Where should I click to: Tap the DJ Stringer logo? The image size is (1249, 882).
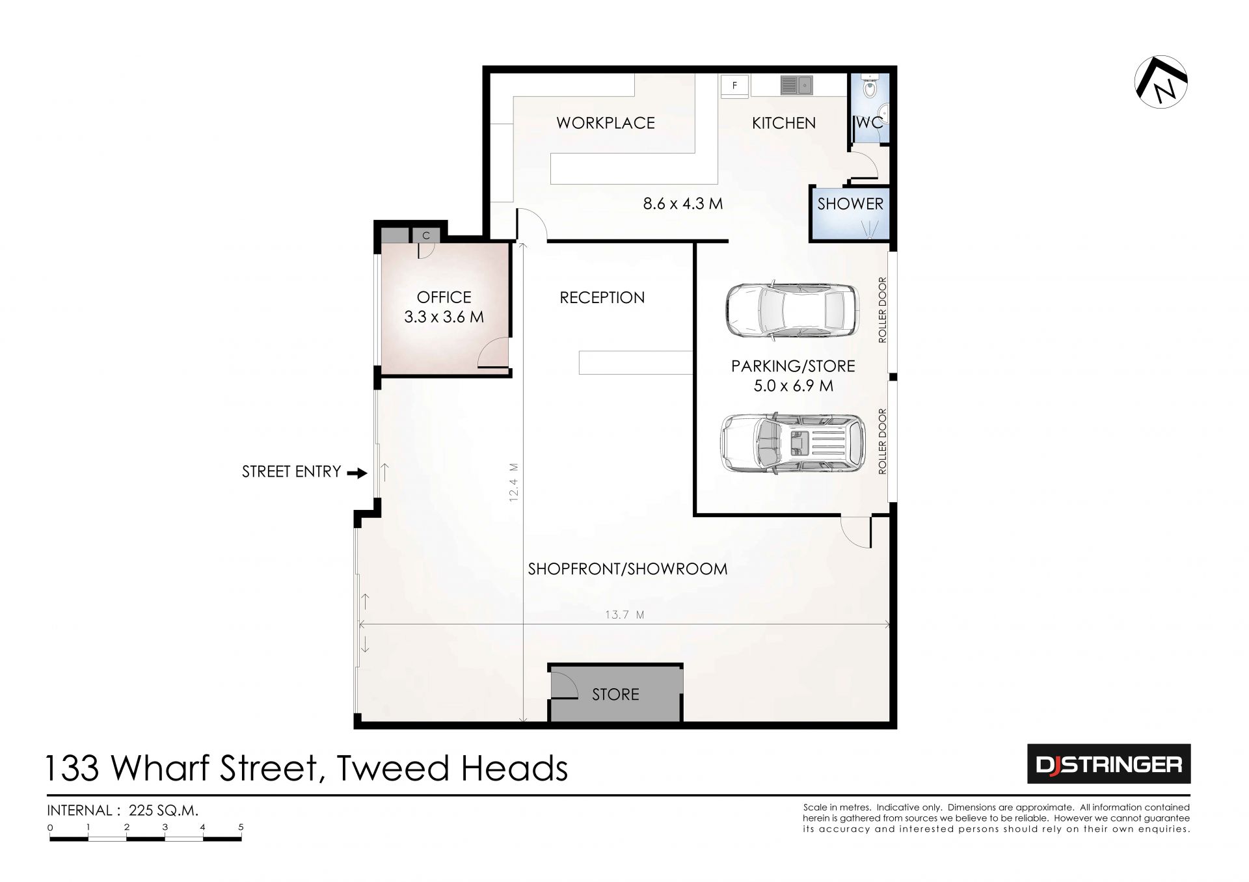[1108, 764]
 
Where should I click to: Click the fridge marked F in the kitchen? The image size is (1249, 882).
[734, 85]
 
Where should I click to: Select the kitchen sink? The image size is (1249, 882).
[796, 85]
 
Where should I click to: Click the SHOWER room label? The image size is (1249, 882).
[850, 204]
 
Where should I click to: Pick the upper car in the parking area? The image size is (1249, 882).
[790, 310]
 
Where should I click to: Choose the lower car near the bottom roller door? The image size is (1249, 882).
[793, 442]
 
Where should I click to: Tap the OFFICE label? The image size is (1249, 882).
[444, 297]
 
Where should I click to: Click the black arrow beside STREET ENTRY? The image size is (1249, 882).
[357, 473]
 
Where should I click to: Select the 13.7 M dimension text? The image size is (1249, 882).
[624, 614]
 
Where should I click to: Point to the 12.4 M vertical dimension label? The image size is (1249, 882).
[513, 482]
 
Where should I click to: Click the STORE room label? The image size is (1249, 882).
[615, 694]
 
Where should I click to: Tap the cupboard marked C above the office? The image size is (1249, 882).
[426, 235]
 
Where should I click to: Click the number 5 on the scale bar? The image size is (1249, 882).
[241, 827]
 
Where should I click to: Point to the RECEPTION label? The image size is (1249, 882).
[602, 297]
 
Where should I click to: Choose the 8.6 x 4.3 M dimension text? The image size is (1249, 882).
[683, 204]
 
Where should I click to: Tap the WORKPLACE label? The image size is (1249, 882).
[606, 123]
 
